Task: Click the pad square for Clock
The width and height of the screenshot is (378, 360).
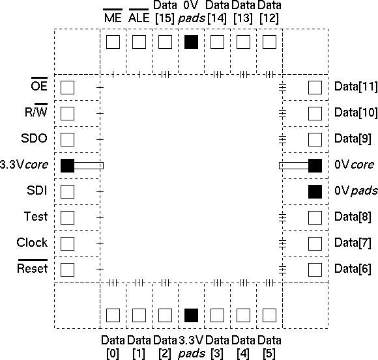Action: click(67, 243)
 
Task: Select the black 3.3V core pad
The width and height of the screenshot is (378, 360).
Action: click(67, 165)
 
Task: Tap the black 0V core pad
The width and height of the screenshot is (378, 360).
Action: click(315, 165)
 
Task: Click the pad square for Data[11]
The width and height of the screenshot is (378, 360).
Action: click(315, 87)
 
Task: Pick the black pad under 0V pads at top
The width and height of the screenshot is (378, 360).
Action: click(191, 42)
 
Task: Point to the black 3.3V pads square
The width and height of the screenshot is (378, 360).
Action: click(191, 315)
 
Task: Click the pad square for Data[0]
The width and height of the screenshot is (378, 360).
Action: click(113, 315)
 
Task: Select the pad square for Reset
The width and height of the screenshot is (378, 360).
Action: click(67, 270)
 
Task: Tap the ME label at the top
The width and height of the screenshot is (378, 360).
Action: click(113, 18)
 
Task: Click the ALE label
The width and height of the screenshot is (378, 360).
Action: click(139, 18)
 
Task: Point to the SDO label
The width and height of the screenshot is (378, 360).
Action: click(34, 138)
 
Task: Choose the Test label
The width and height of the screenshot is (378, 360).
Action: click(36, 216)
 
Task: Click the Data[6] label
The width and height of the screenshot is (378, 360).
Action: click(353, 268)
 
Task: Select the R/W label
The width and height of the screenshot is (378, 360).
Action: click(36, 112)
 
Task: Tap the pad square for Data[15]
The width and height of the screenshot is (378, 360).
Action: click(165, 42)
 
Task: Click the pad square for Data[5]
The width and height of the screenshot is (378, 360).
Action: click(269, 315)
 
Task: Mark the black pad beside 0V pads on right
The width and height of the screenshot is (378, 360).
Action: click(315, 191)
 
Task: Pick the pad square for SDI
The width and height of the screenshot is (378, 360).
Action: click(67, 191)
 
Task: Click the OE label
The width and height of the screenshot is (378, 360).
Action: click(39, 86)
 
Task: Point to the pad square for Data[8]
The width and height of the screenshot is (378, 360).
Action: click(315, 217)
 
